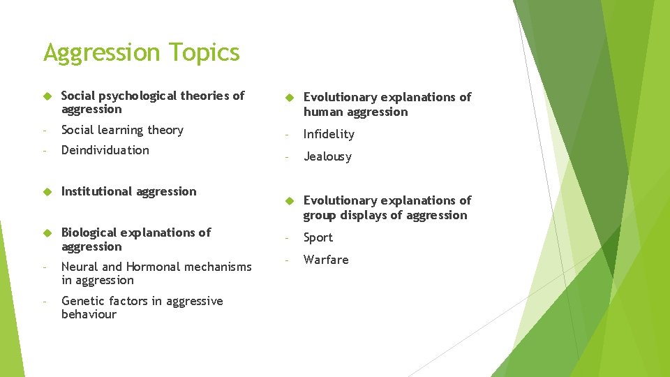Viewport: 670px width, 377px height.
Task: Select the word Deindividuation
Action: click(105, 150)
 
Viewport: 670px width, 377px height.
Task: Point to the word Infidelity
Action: click(329, 134)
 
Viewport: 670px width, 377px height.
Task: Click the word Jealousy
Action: click(327, 157)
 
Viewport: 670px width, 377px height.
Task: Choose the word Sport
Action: click(318, 238)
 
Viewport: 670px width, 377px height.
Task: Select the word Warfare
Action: click(326, 260)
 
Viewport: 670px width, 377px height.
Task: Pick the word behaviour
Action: click(89, 315)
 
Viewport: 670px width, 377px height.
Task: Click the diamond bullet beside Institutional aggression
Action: click(45, 191)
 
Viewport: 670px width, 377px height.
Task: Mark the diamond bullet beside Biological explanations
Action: click(45, 232)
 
